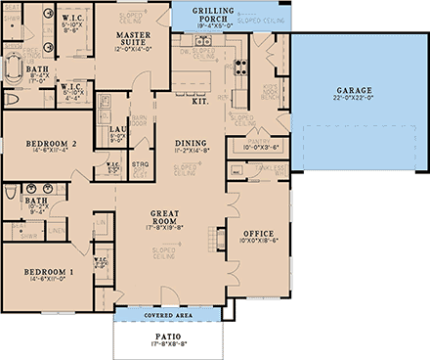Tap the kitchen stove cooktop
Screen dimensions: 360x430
point(205,43)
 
